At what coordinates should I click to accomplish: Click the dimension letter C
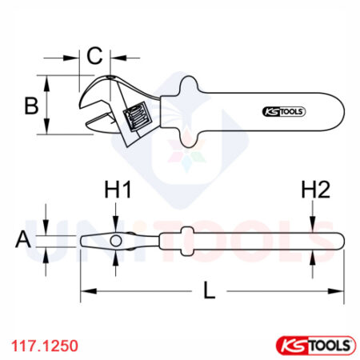[x=94, y=56]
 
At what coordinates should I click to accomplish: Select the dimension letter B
[x=30, y=105]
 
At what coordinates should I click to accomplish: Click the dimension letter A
[x=25, y=238]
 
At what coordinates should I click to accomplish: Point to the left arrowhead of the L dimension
[x=83, y=290]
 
